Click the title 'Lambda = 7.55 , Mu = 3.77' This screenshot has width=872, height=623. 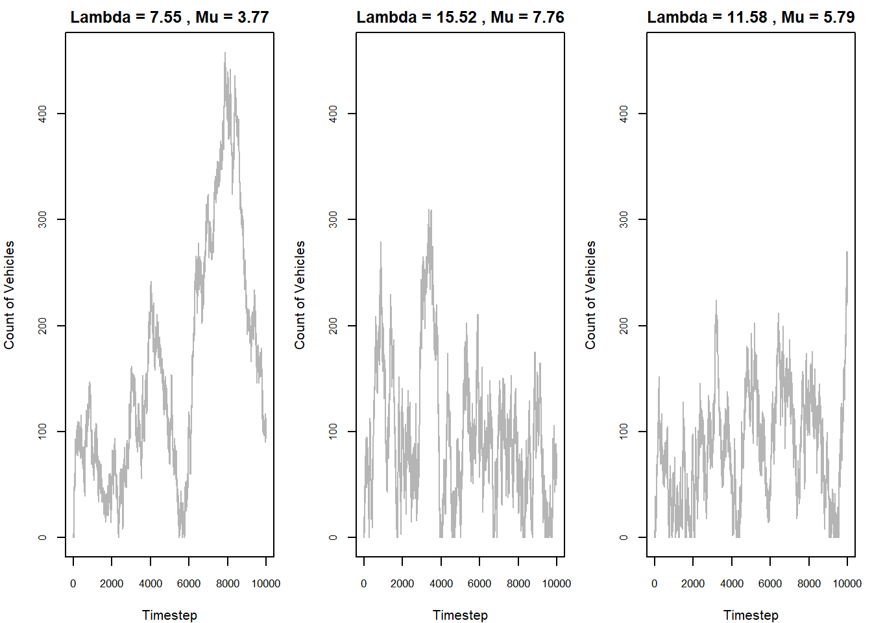click(169, 17)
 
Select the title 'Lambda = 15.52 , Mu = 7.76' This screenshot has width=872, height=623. click(460, 17)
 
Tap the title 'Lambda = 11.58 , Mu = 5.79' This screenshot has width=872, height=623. click(751, 17)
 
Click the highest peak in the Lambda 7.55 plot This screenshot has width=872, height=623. click(225, 54)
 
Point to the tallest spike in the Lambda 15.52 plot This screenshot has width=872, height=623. click(430, 211)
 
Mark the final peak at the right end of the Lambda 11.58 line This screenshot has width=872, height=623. click(847, 252)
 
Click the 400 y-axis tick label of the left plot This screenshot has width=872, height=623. click(43, 114)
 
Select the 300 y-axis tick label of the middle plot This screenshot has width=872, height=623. click(333, 219)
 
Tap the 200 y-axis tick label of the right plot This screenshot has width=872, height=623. click(624, 326)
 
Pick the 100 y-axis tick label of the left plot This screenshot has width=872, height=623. click(43, 432)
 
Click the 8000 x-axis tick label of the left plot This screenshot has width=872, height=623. click(228, 583)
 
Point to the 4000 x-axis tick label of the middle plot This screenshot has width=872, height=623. click(441, 583)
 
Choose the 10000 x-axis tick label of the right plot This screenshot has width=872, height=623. click(847, 583)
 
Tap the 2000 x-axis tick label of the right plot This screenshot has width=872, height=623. click(693, 583)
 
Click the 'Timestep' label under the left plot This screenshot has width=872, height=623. click(169, 615)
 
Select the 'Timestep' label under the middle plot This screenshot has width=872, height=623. click(460, 615)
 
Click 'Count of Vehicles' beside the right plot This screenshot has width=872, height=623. click(590, 295)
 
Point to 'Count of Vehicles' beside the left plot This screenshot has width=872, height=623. click(9, 295)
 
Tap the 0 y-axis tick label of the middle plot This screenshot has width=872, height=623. click(333, 537)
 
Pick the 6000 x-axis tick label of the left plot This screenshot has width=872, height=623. click(189, 583)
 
